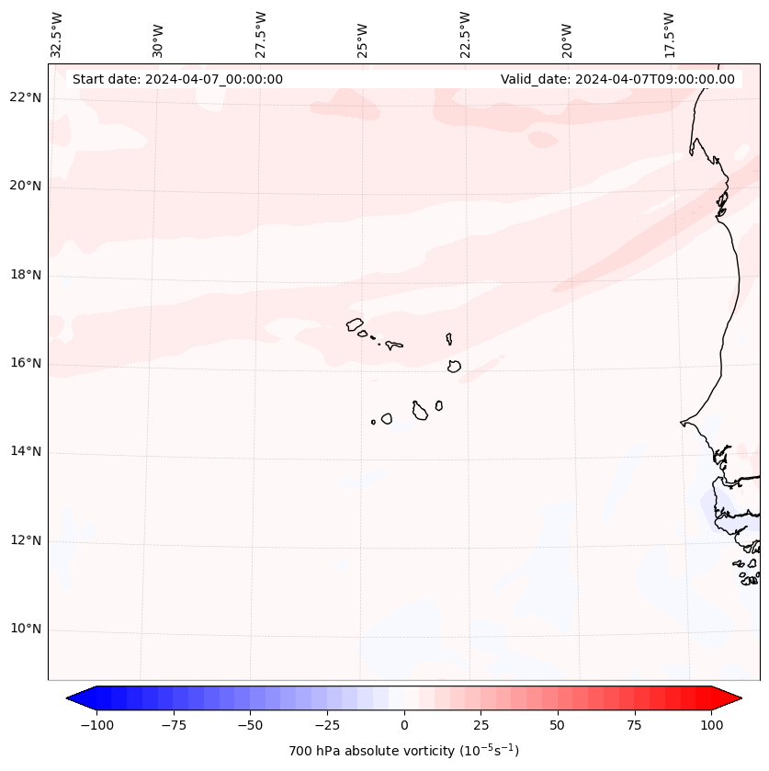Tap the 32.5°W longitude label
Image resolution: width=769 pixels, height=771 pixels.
57,34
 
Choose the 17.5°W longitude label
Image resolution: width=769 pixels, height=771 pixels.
669,34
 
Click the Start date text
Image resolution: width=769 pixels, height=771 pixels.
177,79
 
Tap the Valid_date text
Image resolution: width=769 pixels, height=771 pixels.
617,79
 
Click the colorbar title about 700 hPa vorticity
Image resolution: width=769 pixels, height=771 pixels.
404,751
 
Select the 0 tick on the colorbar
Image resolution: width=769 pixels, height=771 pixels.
404,725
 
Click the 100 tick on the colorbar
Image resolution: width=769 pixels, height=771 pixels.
711,725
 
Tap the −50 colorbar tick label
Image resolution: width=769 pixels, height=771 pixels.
251,725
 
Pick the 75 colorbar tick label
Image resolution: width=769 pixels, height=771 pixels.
634,725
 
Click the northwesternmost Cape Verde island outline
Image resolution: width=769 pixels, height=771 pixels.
355,324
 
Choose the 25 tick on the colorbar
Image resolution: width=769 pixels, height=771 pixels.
481,725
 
